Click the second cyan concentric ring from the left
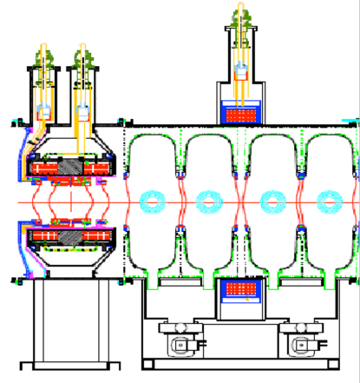click(208, 202)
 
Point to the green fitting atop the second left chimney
click(84, 58)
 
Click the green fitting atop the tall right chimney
click(240, 15)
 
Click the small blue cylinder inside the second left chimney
click(83, 111)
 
